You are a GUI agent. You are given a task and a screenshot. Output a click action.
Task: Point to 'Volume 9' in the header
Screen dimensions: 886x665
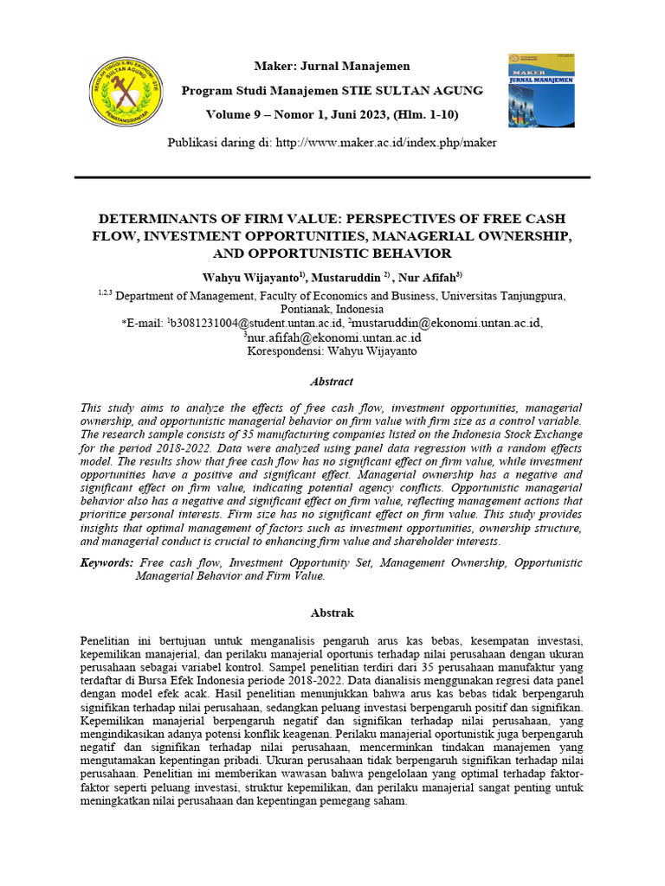pyautogui.click(x=236, y=115)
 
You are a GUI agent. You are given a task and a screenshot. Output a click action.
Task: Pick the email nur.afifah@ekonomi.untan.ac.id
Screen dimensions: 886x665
pyautogui.click(x=333, y=337)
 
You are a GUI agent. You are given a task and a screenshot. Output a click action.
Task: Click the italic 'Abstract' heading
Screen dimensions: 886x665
pyautogui.click(x=332, y=381)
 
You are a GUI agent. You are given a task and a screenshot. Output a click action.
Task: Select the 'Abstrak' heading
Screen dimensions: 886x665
pyautogui.click(x=332, y=613)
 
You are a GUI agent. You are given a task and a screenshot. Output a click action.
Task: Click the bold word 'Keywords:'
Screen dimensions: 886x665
pyautogui.click(x=107, y=562)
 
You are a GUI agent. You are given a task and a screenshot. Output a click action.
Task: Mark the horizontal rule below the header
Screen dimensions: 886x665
pyautogui.click(x=332, y=177)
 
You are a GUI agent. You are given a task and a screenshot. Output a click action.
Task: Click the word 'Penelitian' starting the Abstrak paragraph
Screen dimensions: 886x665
pyautogui.click(x=108, y=640)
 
